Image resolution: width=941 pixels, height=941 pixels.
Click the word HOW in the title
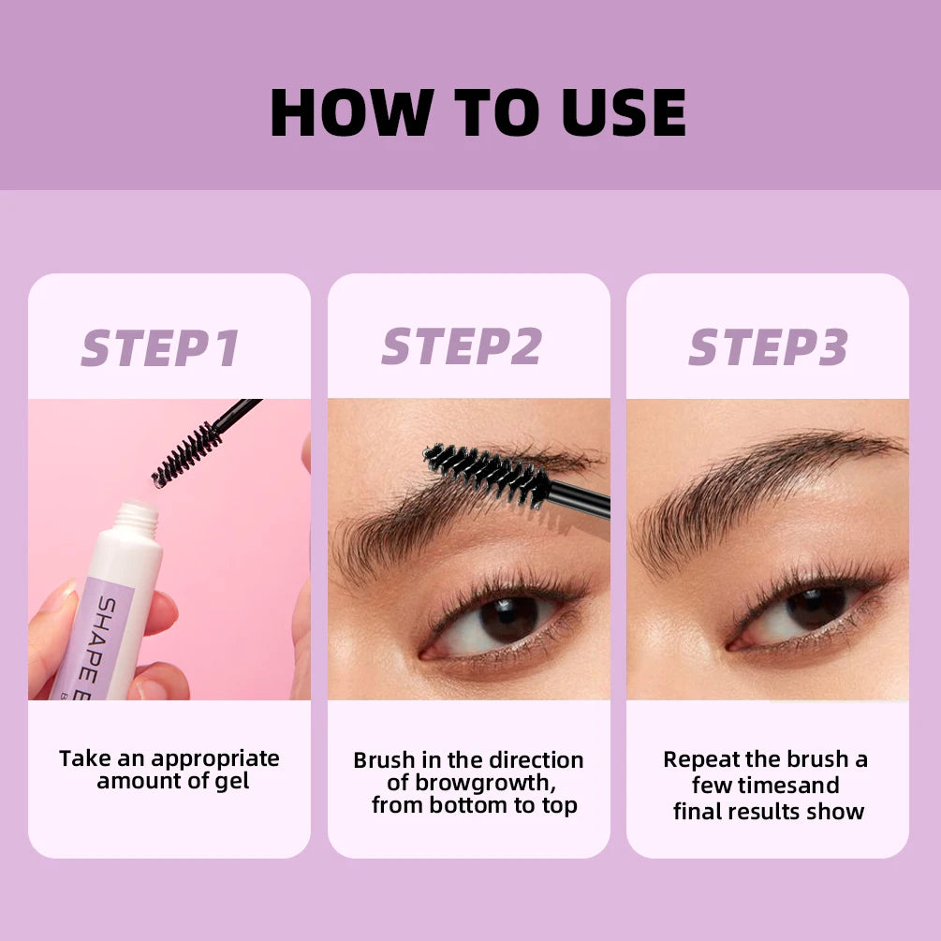click(344, 113)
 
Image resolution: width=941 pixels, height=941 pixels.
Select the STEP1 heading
click(160, 347)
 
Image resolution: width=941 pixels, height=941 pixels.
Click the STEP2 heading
click(462, 346)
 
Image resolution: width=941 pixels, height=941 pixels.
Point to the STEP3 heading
click(768, 347)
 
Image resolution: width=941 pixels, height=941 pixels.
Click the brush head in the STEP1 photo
click(186, 454)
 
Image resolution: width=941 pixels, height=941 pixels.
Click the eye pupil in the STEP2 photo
click(510, 619)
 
